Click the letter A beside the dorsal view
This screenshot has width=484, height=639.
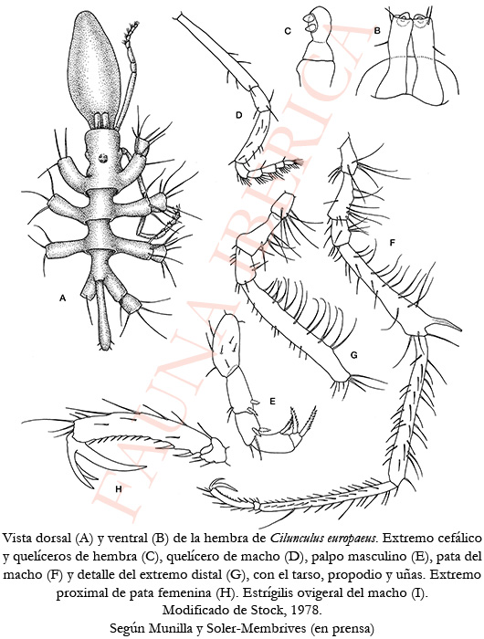coord(62,299)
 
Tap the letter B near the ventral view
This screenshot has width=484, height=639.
coord(377,30)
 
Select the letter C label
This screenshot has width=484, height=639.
coord(288,31)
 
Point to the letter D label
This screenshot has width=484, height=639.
coord(239,115)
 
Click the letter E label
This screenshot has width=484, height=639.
coord(273,402)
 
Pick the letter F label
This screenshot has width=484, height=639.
coord(393,243)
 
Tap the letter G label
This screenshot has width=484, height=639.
coord(354,355)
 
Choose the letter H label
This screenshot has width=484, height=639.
coord(119,489)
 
